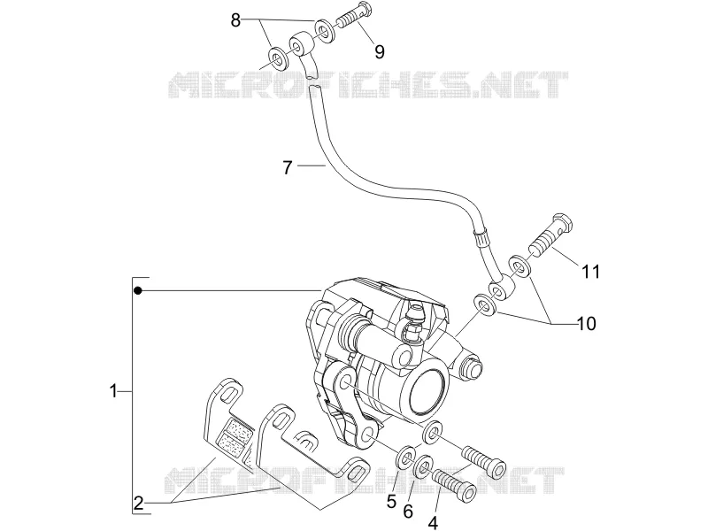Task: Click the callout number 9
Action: coord(380,52)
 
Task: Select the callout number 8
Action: coord(235,19)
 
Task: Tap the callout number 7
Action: coord(288,167)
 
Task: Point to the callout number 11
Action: coord(590,272)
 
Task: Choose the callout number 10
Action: coord(587,323)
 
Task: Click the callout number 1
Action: coord(113,390)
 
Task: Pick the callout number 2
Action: coord(138,503)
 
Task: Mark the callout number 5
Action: coord(391,501)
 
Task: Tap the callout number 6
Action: coord(408,512)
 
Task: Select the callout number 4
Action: coord(433,523)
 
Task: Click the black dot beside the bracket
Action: coord(138,291)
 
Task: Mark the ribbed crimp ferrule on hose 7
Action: coord(481,237)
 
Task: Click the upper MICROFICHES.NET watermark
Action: coord(367,84)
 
